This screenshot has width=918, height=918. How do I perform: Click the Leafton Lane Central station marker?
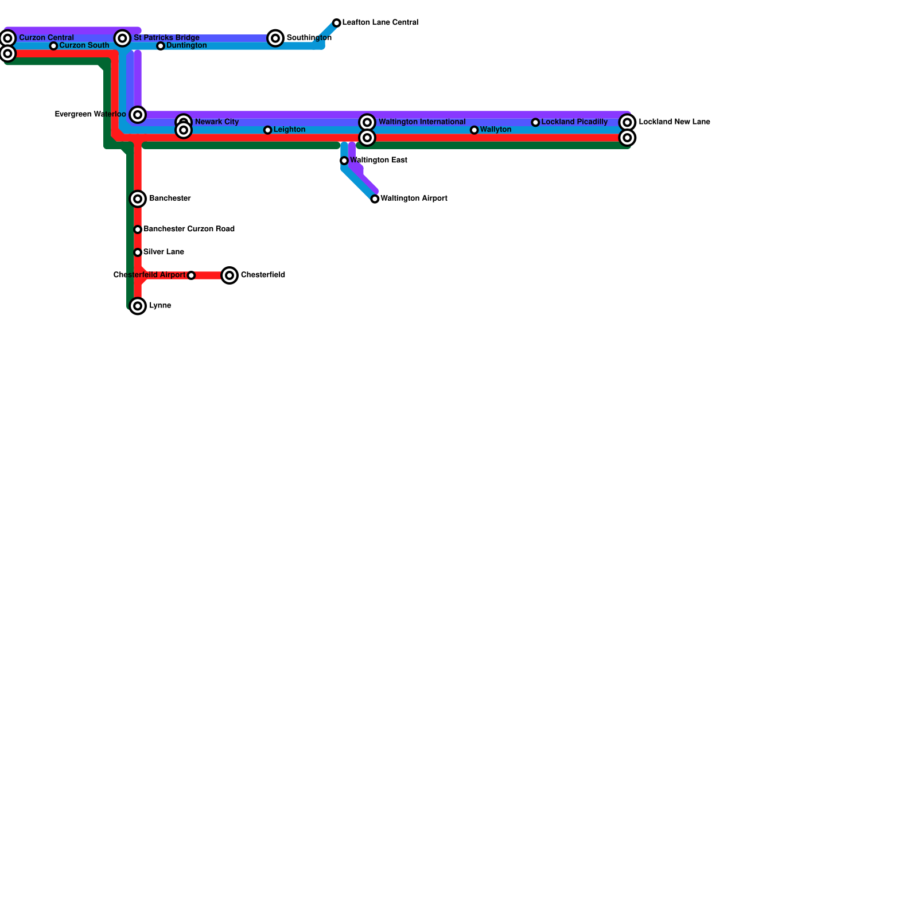[337, 23]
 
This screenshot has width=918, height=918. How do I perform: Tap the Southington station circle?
[275, 38]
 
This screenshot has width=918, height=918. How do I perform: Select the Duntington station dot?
[161, 46]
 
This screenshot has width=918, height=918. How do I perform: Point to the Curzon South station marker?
[53, 46]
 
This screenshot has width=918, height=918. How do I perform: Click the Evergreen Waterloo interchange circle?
[138, 115]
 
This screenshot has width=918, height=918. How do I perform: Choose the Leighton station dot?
[267, 130]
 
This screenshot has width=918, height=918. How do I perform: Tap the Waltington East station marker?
[344, 161]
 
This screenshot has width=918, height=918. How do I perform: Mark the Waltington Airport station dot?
[375, 199]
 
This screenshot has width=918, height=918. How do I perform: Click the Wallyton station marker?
[474, 130]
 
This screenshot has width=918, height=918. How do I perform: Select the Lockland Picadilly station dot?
[535, 122]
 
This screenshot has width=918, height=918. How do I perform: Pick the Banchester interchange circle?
[138, 199]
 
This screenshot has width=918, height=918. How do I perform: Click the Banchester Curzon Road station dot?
[138, 229]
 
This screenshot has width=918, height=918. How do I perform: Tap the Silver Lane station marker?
[138, 252]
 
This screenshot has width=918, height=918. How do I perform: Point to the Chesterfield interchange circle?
[229, 275]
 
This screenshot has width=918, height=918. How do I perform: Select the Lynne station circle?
[138, 306]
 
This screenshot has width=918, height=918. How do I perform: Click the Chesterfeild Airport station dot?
[191, 275]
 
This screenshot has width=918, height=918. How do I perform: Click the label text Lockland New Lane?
[674, 122]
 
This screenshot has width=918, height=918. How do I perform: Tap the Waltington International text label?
[422, 122]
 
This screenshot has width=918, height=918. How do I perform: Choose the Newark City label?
[217, 122]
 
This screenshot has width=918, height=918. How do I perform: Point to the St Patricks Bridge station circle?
[122, 38]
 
